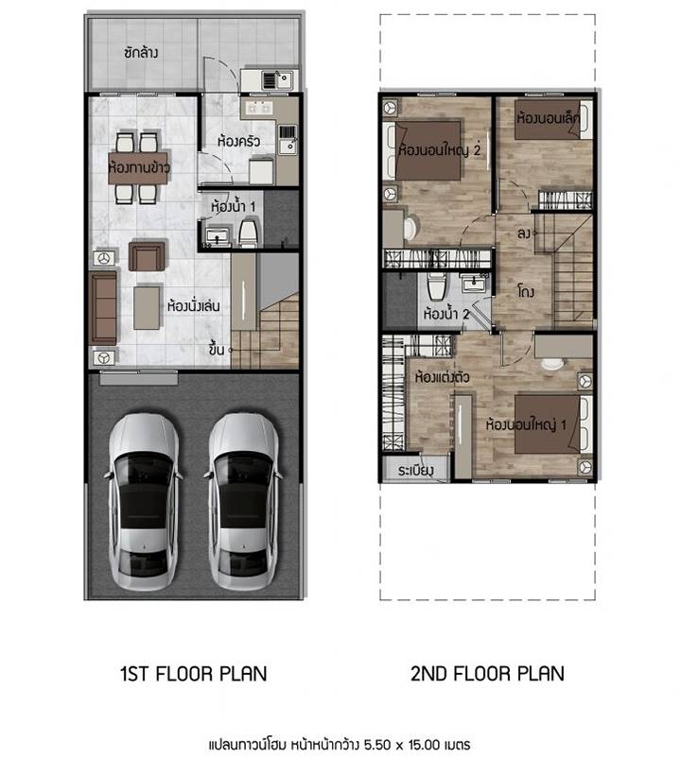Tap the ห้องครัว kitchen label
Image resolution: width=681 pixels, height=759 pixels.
point(238,142)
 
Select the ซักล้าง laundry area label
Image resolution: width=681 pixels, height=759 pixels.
point(141,52)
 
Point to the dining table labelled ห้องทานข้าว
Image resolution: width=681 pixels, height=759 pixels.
point(138,168)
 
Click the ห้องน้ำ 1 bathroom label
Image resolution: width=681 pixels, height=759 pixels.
point(233,207)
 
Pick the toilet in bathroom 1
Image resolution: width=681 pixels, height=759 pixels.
point(249,234)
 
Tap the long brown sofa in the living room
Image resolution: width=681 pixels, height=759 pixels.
point(104,308)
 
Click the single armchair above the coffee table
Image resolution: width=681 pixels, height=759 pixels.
point(147,255)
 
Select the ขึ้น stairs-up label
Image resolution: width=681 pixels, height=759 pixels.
point(217,349)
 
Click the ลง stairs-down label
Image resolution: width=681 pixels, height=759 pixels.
point(524,233)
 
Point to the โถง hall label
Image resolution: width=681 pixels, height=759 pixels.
point(526,291)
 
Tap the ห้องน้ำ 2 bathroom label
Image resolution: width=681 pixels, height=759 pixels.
point(446,314)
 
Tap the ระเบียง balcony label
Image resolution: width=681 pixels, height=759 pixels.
point(415,471)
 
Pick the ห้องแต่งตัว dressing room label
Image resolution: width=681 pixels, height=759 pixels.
point(442,376)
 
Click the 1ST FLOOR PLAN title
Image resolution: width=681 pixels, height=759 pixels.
point(193,674)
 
